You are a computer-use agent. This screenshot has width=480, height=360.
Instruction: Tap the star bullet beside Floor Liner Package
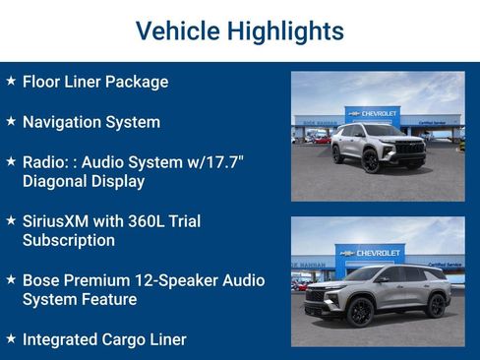pos(11,81)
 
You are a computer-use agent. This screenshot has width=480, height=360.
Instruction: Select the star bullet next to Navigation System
pos(11,122)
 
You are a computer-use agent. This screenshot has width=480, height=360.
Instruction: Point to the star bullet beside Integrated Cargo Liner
pos(11,339)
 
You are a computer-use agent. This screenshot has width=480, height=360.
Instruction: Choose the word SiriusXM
pos(56,221)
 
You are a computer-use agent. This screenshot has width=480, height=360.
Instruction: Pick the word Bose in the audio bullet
pos(43,280)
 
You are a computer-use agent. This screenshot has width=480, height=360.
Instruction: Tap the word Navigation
pos(65,123)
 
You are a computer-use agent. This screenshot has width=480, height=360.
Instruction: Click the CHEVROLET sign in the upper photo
pos(377,114)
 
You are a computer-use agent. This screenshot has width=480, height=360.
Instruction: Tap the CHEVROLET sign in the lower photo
pos(375,252)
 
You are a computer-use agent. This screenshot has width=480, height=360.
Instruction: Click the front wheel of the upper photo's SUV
pos(372,163)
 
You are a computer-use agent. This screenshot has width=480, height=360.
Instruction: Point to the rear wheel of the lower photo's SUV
pos(436,307)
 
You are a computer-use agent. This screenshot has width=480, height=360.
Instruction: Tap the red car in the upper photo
pos(322,140)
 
